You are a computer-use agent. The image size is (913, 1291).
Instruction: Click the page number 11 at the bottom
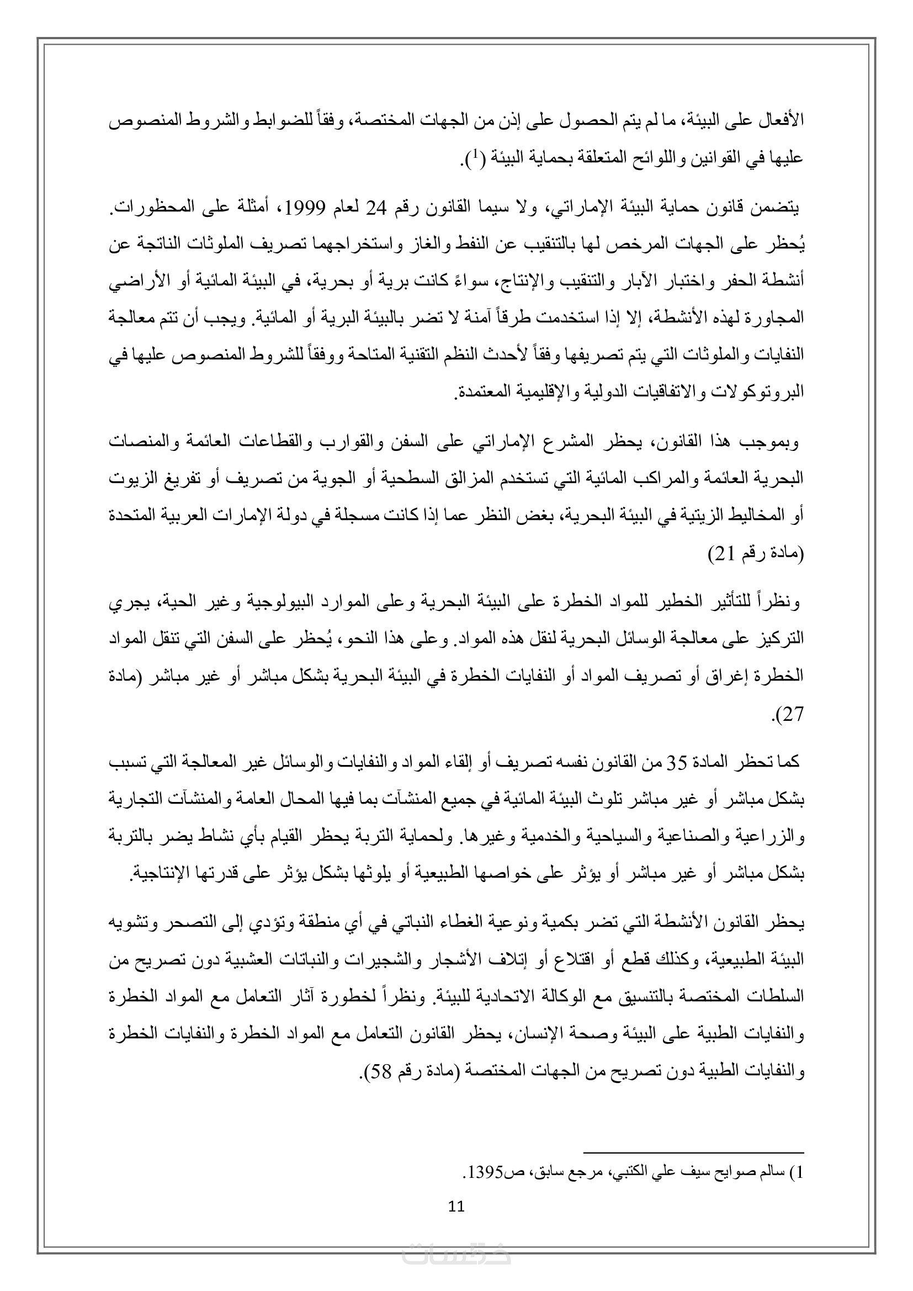(456, 1206)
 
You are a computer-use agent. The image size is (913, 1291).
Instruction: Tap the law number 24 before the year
(376, 209)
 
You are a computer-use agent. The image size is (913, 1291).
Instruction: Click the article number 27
(793, 715)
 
